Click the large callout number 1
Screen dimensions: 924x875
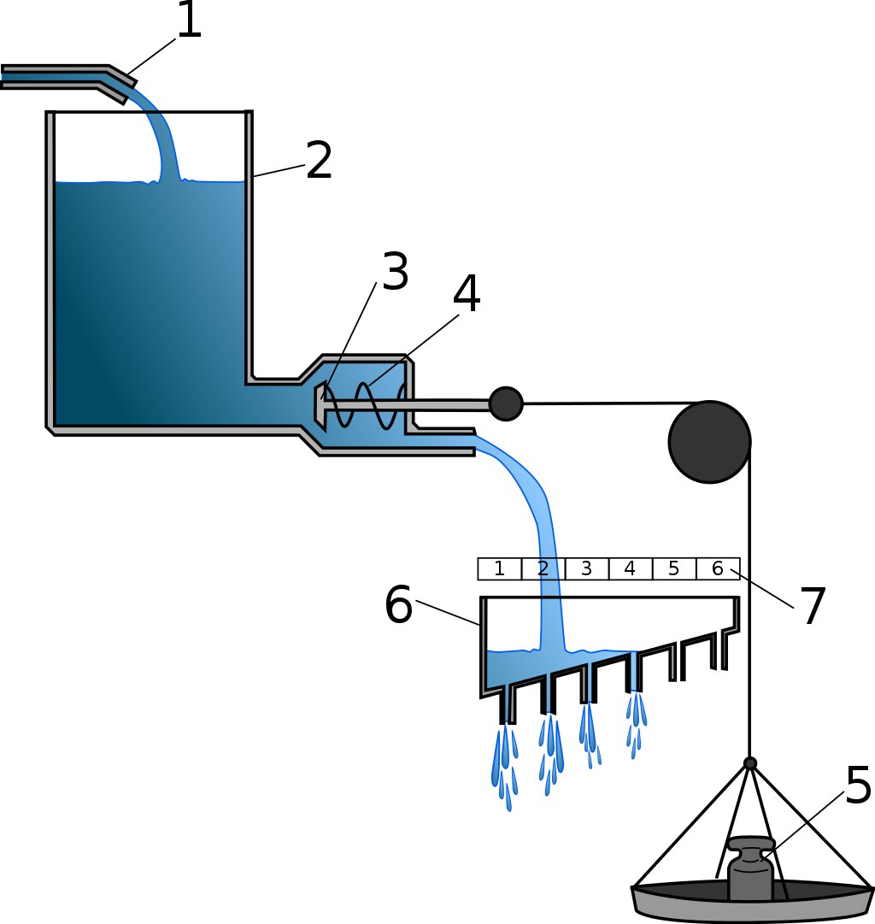pyautogui.click(x=188, y=21)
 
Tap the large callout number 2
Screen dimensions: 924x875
pyautogui.click(x=319, y=161)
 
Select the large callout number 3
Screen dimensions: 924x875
pyautogui.click(x=395, y=274)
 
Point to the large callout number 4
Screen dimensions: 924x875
pyautogui.click(x=467, y=295)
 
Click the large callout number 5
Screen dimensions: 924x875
pyautogui.click(x=858, y=785)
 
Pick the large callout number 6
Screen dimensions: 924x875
pyautogui.click(x=398, y=606)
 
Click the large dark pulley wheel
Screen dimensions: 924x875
pyautogui.click(x=709, y=442)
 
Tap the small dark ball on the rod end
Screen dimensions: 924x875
pyautogui.click(x=506, y=403)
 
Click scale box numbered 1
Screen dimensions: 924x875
pyautogui.click(x=500, y=569)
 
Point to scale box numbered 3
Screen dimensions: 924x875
pyautogui.click(x=587, y=569)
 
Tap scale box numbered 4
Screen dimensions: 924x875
pyautogui.click(x=631, y=569)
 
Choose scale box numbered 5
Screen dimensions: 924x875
pyautogui.click(x=674, y=569)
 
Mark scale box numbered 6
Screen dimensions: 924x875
pyautogui.click(x=718, y=569)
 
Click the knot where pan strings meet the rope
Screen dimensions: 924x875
pyautogui.click(x=749, y=763)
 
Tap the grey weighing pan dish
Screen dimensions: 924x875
pyautogui.click(x=752, y=904)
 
